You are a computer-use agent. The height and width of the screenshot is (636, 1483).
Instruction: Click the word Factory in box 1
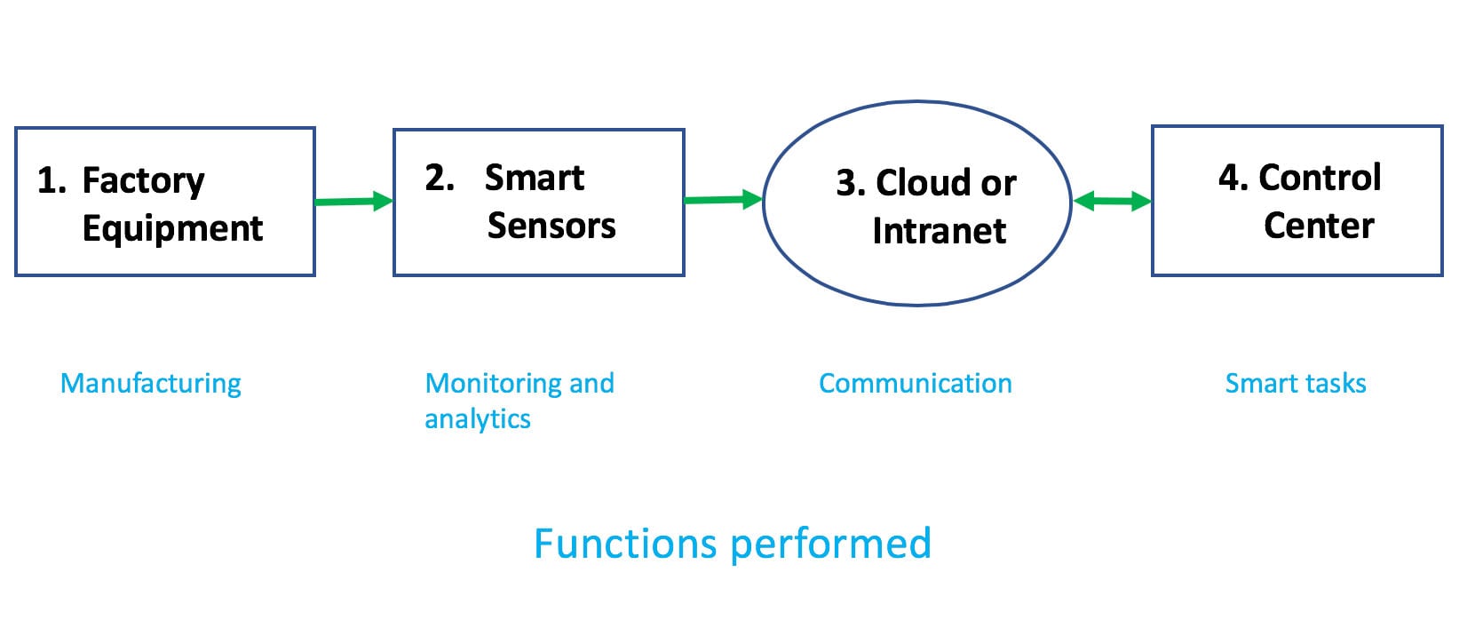click(143, 181)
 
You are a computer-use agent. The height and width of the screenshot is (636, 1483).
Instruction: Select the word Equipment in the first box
click(172, 228)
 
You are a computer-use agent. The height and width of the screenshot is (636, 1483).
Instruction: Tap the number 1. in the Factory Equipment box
click(52, 181)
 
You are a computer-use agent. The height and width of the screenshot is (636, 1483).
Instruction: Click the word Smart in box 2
click(535, 179)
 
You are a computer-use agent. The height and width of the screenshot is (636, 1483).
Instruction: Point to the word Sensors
click(551, 226)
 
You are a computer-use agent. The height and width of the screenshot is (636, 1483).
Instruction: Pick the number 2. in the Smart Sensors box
click(440, 179)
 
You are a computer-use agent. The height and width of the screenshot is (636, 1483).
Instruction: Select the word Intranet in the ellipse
click(939, 231)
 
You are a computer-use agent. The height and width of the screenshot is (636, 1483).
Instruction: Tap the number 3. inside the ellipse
click(851, 183)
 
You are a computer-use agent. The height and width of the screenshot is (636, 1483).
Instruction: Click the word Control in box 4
click(1320, 178)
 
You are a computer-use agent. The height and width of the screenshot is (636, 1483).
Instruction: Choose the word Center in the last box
click(1319, 226)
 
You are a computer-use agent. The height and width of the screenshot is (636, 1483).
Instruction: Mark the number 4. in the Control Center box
click(1233, 178)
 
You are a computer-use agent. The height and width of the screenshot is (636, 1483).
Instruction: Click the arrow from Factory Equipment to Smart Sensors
click(353, 202)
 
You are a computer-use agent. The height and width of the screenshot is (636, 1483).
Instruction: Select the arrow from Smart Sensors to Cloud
click(723, 200)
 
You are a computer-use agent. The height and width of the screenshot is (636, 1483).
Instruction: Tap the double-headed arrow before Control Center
click(1112, 202)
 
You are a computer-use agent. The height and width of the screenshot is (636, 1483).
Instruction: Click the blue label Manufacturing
click(151, 383)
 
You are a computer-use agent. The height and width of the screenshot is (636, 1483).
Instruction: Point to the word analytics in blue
click(478, 418)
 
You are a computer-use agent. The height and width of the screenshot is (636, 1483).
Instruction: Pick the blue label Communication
click(915, 383)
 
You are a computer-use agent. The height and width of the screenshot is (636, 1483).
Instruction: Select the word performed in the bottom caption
click(830, 544)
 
